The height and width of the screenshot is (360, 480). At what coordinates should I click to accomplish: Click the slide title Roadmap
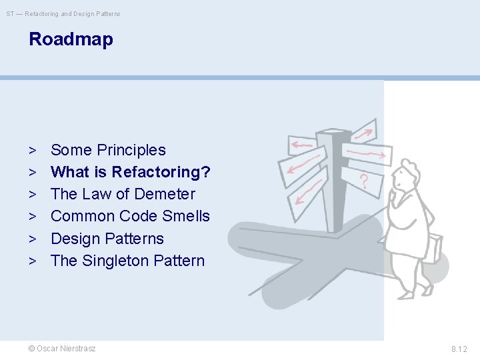tap(71, 39)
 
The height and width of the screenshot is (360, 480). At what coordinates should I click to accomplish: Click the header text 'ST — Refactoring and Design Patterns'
tap(63, 13)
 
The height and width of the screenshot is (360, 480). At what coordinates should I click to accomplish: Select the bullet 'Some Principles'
tap(108, 150)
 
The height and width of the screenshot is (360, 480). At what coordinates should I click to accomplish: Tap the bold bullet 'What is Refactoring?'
tap(131, 172)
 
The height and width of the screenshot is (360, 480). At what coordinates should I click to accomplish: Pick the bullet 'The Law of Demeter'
tap(123, 194)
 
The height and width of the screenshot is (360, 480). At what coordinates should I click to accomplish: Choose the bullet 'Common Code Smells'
tap(130, 216)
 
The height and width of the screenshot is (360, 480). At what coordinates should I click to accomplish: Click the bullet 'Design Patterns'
tap(107, 239)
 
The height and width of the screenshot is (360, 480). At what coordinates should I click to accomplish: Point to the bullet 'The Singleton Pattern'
tap(127, 261)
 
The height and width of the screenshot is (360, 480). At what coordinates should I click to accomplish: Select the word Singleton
tap(114, 261)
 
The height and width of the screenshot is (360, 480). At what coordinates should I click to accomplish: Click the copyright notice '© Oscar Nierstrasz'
tap(62, 349)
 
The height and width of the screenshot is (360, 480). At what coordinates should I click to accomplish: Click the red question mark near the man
tap(364, 181)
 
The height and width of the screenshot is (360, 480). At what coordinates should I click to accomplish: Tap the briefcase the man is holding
tap(434, 248)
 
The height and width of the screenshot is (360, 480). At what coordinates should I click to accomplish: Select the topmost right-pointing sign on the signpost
tap(364, 131)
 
